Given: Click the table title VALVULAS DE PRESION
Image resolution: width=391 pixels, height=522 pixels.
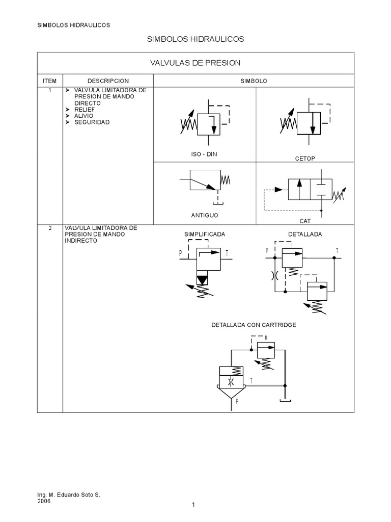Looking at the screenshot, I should [195, 63].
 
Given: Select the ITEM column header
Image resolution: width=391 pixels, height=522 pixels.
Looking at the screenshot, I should [49, 81].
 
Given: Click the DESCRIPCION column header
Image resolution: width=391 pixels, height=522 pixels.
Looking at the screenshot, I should [108, 81].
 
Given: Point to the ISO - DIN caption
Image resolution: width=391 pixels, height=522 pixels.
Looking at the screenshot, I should [204, 154].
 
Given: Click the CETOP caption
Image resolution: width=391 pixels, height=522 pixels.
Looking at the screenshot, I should [305, 159].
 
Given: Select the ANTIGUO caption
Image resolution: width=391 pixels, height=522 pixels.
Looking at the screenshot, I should [204, 215].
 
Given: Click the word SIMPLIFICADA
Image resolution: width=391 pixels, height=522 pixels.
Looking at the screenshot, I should [204, 234].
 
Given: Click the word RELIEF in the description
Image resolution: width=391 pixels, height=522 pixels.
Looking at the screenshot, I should [84, 109].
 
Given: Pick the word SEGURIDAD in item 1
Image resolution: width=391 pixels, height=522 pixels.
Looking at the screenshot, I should [92, 122].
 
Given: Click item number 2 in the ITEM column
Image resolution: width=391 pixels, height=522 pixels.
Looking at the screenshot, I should [49, 228].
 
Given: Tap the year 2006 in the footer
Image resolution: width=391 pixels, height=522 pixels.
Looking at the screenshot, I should [44, 501].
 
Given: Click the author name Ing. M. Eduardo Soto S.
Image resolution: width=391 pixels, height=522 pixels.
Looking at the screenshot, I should [69, 495].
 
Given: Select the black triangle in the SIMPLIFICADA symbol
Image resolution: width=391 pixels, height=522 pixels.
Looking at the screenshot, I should [203, 280].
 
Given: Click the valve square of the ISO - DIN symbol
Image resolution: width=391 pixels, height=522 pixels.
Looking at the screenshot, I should [208, 123].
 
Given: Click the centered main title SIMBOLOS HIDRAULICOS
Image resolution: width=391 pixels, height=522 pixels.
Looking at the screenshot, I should [195, 39].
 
